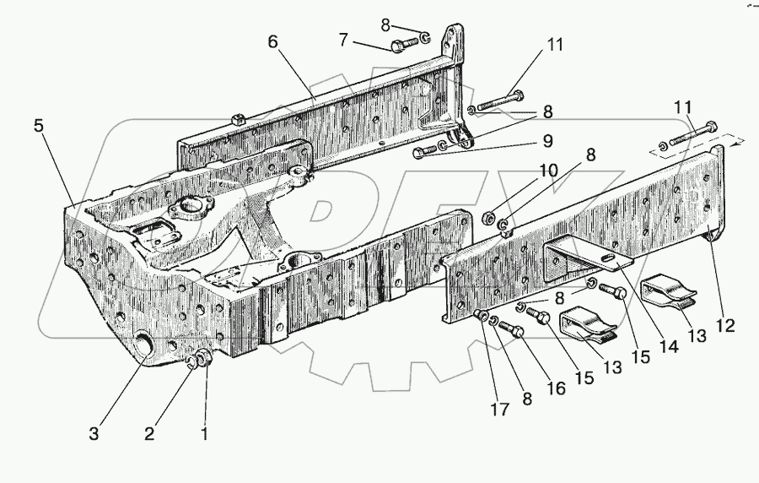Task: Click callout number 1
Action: coord(202,436)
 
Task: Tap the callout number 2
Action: coord(149,436)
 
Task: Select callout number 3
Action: coord(94,436)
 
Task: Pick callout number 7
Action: coord(343,40)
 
